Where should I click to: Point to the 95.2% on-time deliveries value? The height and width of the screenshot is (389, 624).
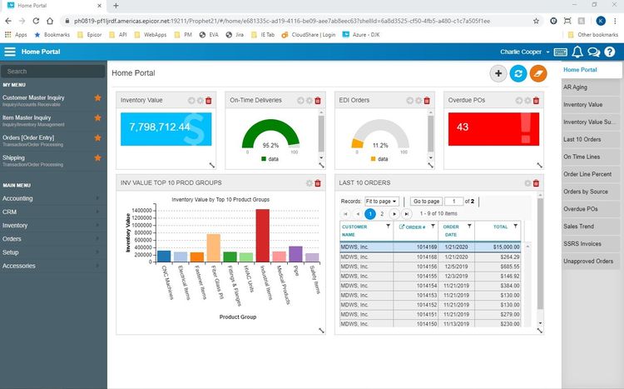pyautogui.click(x=270, y=144)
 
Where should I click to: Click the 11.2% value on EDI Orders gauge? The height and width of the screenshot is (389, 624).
pyautogui.click(x=380, y=144)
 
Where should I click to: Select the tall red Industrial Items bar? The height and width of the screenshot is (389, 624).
pyautogui.click(x=263, y=236)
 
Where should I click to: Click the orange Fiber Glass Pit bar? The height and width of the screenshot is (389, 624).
pyautogui.click(x=214, y=247)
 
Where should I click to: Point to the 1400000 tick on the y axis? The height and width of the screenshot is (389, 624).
pyautogui.click(x=140, y=210)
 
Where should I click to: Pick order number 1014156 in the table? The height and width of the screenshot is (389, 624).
pyautogui.click(x=426, y=266)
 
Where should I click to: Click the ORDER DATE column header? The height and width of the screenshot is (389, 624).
pyautogui.click(x=452, y=230)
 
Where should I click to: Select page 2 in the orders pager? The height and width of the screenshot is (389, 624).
pyautogui.click(x=382, y=214)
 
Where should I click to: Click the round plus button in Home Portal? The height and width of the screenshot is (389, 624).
pyautogui.click(x=498, y=74)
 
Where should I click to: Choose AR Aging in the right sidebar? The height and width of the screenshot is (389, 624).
pyautogui.click(x=577, y=87)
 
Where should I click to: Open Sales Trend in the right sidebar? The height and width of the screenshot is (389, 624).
pyautogui.click(x=578, y=226)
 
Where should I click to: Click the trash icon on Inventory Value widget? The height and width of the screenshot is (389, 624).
pyautogui.click(x=209, y=101)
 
